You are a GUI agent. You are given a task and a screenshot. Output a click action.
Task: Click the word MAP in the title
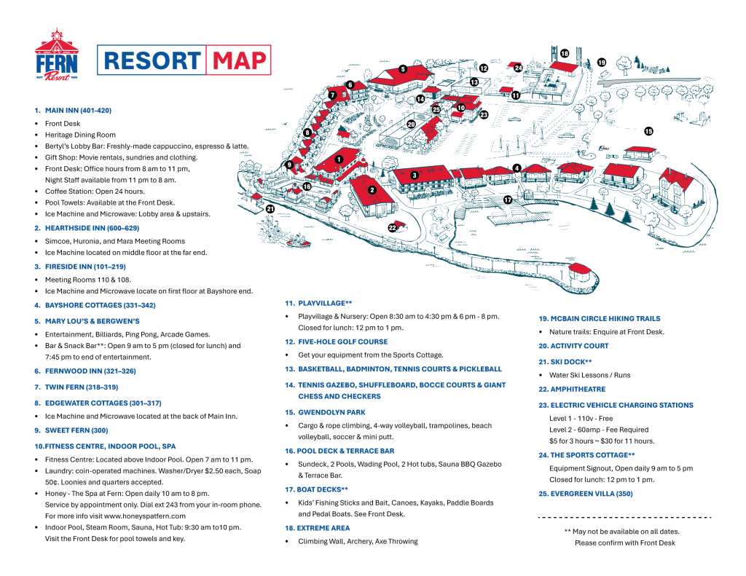coord(239,60)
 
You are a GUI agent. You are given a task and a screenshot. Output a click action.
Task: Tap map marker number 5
coord(402,69)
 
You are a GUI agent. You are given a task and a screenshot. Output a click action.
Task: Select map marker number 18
coord(565,53)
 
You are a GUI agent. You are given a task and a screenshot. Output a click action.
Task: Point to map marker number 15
coord(648,131)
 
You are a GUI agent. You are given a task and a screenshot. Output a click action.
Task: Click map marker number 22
coord(392,228)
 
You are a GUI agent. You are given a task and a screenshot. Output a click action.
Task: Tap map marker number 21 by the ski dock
coord(270,209)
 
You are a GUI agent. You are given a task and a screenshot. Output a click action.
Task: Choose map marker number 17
coord(507,199)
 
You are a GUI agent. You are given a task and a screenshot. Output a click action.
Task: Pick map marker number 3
coord(414,175)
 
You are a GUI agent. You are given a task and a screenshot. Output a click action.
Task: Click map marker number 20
coord(411,125)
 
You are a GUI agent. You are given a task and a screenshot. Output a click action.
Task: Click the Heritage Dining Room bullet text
coord(80,135)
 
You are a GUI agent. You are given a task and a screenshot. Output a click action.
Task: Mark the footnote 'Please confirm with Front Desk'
coord(624,543)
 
